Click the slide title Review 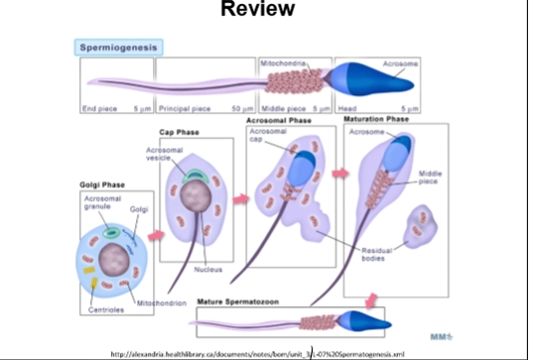click(257, 10)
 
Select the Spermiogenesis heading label click(120, 47)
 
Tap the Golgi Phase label click(103, 184)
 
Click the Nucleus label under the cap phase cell click(207, 269)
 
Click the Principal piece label click(185, 107)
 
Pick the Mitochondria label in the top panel click(283, 62)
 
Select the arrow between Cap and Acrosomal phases click(240, 198)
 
